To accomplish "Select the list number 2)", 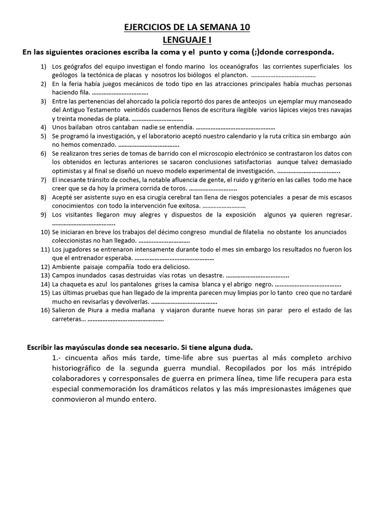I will (x=43, y=84).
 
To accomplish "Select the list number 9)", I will (x=43, y=214).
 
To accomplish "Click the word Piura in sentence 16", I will (x=94, y=310).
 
